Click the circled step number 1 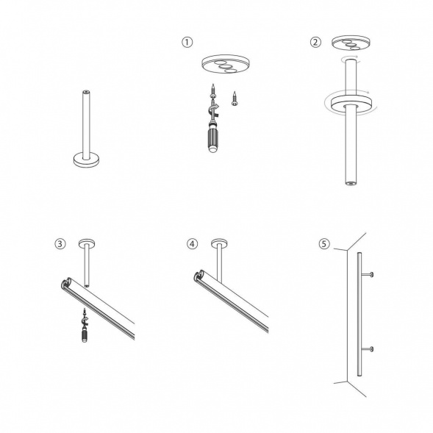click(x=187, y=42)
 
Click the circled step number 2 click(x=315, y=42)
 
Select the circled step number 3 click(x=60, y=244)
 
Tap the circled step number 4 click(x=192, y=244)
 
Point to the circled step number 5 click(x=324, y=244)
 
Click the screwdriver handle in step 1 click(x=212, y=140)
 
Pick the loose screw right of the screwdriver click(x=235, y=99)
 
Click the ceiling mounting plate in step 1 click(x=225, y=64)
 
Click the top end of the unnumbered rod click(x=87, y=91)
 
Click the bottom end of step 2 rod click(x=351, y=182)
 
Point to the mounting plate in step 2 click(x=351, y=43)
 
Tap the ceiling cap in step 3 click(x=87, y=243)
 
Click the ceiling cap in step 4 click(x=220, y=243)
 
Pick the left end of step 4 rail click(x=198, y=276)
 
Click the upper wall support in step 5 click(x=367, y=274)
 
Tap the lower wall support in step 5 click(x=367, y=350)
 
